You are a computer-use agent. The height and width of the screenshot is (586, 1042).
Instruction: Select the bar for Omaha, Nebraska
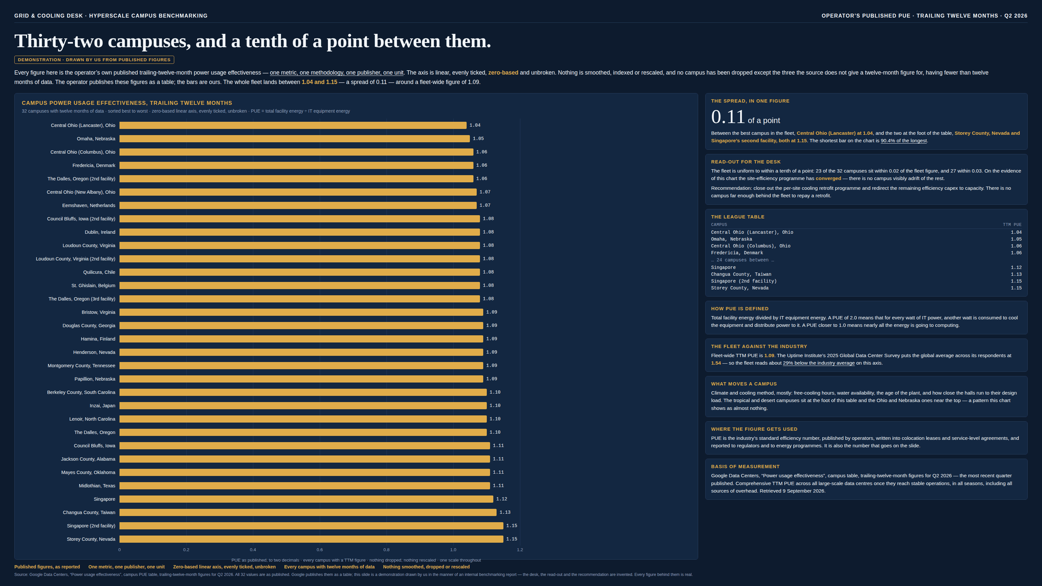(x=294, y=139)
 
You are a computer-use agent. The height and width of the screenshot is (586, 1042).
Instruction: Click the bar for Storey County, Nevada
(x=312, y=539)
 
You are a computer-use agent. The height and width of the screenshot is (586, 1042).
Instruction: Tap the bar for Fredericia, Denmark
(x=296, y=165)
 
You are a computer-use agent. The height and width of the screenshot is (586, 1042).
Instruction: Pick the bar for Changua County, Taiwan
(x=308, y=512)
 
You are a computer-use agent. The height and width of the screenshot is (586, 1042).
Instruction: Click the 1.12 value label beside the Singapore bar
(x=501, y=499)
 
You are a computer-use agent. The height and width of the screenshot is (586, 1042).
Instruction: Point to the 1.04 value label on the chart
(x=475, y=125)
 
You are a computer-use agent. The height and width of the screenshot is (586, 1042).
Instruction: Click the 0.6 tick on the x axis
(x=319, y=550)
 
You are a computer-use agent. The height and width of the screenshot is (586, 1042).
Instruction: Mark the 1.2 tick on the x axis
(x=520, y=550)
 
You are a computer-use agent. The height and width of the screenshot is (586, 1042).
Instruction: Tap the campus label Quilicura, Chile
(x=99, y=272)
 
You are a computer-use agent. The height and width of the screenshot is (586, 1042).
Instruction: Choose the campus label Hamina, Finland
(x=98, y=339)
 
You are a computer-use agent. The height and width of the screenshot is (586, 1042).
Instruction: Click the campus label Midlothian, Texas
(x=97, y=486)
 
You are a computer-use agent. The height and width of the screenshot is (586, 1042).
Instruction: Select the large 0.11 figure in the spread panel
(x=728, y=117)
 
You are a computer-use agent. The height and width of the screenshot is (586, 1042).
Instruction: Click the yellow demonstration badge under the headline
(x=94, y=60)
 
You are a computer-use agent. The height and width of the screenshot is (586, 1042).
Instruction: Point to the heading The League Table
(x=738, y=217)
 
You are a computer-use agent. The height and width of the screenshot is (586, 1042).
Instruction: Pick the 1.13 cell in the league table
(x=1016, y=274)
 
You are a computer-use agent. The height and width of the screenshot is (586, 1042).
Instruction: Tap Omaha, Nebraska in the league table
(x=732, y=239)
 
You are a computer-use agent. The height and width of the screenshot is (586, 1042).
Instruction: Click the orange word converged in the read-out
(x=828, y=178)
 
